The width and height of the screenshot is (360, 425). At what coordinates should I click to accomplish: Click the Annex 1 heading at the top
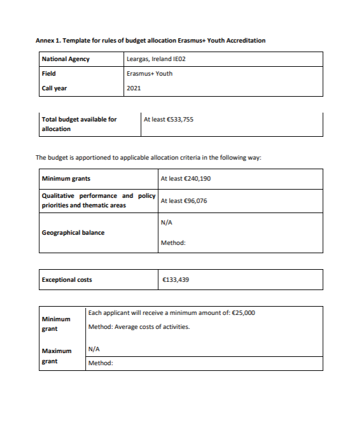point(150,41)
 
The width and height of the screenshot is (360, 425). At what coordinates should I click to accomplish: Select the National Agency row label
point(66,59)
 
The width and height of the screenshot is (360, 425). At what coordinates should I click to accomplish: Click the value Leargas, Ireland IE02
point(156,59)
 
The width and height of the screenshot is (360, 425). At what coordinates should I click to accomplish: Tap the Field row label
point(48,73)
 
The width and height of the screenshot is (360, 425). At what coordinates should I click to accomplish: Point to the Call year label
point(54,88)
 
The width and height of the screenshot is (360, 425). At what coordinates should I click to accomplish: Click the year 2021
point(134,88)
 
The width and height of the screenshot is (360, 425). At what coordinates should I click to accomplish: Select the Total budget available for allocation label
point(79,123)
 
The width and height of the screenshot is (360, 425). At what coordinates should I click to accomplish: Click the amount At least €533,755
point(169,119)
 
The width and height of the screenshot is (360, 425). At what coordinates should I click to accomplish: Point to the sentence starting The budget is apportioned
point(148,157)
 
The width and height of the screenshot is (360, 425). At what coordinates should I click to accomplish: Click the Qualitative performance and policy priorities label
point(98,200)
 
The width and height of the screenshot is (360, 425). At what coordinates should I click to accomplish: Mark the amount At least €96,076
point(184,200)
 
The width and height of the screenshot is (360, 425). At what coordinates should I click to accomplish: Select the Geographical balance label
point(73,232)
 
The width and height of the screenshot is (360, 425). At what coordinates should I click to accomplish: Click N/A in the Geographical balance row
point(167,223)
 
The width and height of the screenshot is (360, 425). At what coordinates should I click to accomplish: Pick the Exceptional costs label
point(67,279)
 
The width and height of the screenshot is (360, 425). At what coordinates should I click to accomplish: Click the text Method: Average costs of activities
point(139,327)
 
